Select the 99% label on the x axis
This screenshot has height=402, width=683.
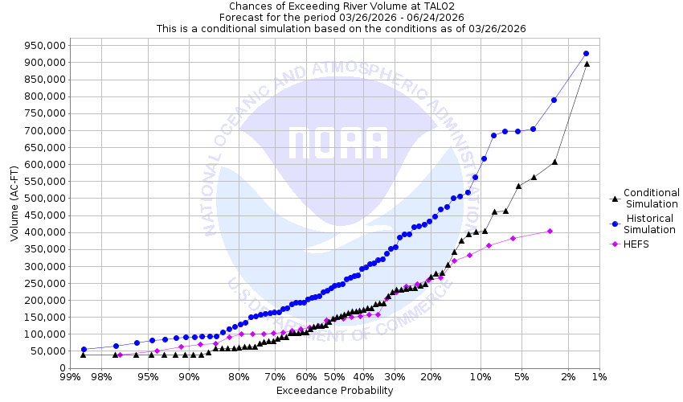(x=70, y=377)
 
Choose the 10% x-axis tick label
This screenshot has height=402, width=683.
(x=480, y=377)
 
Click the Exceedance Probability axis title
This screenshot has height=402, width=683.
(x=334, y=391)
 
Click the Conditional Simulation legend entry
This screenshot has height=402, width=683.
(x=651, y=198)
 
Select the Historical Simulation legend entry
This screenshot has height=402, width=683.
(x=651, y=224)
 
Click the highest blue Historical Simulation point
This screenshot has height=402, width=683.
(x=586, y=53)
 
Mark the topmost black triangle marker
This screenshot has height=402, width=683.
(x=587, y=64)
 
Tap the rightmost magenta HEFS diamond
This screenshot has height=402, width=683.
(x=550, y=231)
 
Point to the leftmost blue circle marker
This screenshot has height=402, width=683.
(x=84, y=349)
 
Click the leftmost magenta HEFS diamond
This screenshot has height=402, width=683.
(x=120, y=355)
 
